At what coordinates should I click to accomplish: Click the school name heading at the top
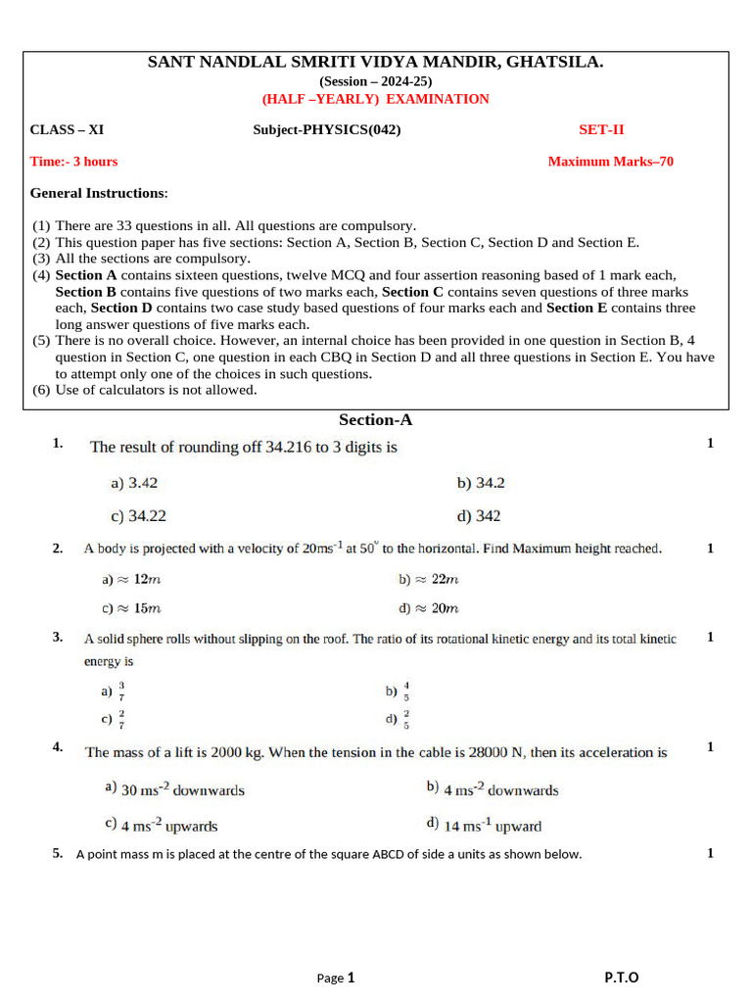pyautogui.click(x=375, y=63)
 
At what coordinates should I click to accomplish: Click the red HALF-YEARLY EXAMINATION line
pyautogui.click(x=375, y=99)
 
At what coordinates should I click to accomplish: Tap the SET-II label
pyautogui.click(x=599, y=129)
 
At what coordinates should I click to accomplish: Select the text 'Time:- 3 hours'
pyautogui.click(x=73, y=162)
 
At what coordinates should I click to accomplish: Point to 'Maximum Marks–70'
pyautogui.click(x=610, y=162)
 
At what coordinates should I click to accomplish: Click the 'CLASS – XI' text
pyautogui.click(x=67, y=129)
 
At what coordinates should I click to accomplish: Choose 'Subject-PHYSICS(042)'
pyautogui.click(x=326, y=129)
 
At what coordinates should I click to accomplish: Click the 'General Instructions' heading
pyautogui.click(x=99, y=193)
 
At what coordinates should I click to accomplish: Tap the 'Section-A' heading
pyautogui.click(x=375, y=420)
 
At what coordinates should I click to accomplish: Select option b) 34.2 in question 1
pyautogui.click(x=481, y=483)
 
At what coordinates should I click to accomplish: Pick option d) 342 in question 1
pyautogui.click(x=479, y=515)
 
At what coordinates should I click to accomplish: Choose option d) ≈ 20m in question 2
pyautogui.click(x=428, y=608)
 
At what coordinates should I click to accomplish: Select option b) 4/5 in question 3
pyautogui.click(x=398, y=692)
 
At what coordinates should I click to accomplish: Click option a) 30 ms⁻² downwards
pyautogui.click(x=174, y=788)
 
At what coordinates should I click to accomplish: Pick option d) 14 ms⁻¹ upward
pyautogui.click(x=484, y=825)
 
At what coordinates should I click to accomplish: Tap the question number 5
pyautogui.click(x=58, y=853)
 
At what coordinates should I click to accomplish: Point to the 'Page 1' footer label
pyautogui.click(x=336, y=978)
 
